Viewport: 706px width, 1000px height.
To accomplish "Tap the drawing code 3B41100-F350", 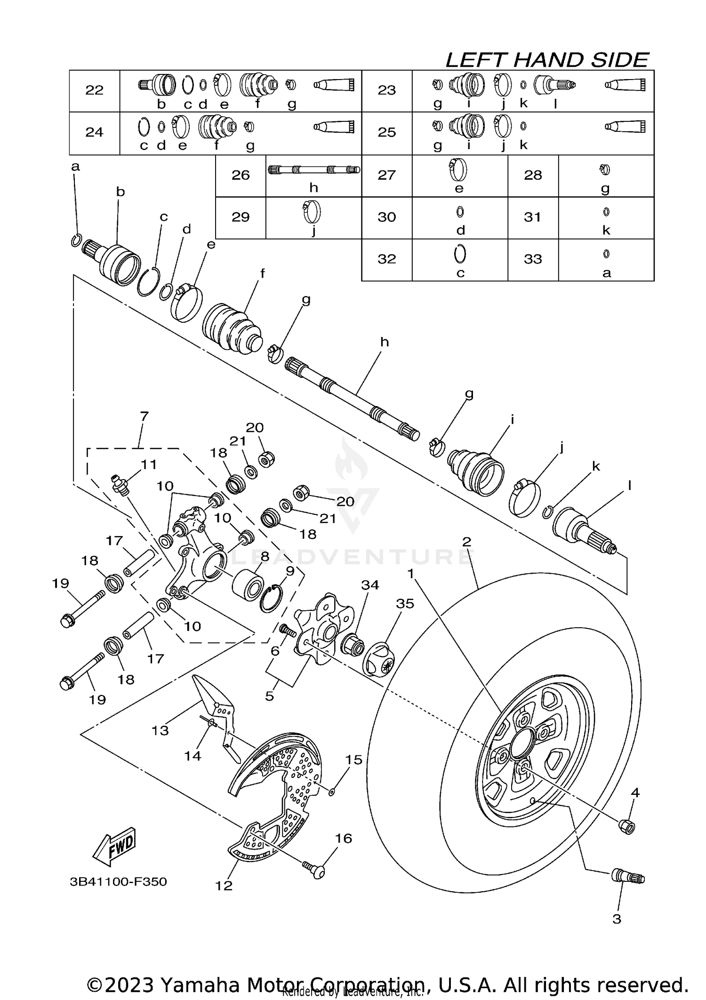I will point(118,881).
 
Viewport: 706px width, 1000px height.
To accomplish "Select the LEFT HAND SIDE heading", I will point(547,60).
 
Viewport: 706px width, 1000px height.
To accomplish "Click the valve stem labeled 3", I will point(628,877).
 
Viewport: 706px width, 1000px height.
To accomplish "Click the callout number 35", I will point(405,603).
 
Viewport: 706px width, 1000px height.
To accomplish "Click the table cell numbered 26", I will point(241,175).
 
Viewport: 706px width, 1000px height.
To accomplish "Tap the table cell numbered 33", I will point(533,259).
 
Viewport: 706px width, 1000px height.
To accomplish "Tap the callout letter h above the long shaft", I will point(385,342).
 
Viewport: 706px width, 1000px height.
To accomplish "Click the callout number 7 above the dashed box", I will point(144,416).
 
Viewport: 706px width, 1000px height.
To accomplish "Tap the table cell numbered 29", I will point(241,217).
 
